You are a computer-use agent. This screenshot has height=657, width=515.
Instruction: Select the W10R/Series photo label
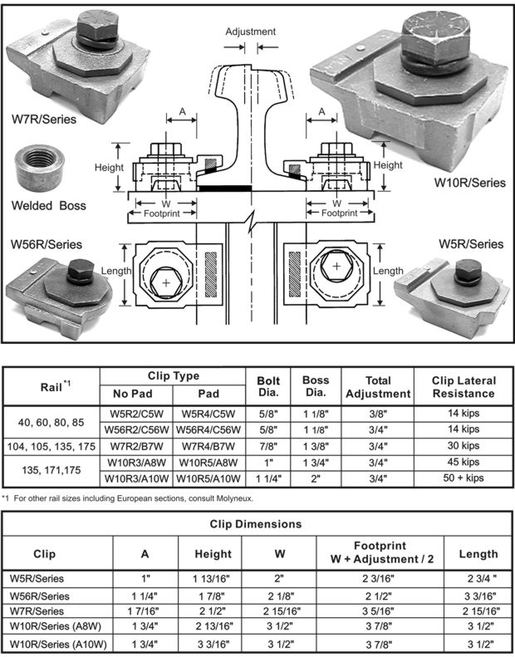click(x=469, y=183)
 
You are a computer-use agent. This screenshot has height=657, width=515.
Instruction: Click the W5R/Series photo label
click(x=471, y=244)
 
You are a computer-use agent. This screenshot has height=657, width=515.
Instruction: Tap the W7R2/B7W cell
click(x=136, y=445)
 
